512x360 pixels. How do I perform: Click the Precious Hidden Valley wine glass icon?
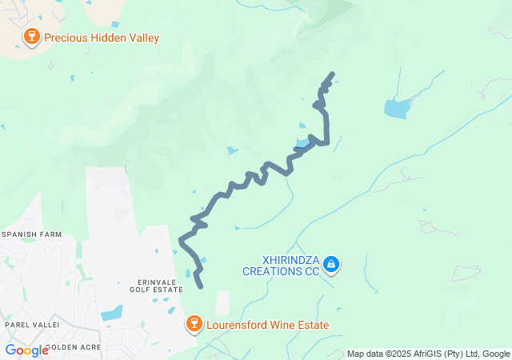click(x=32, y=36)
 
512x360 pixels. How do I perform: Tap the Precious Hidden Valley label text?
click(x=102, y=38)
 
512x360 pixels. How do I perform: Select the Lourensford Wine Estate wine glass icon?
click(x=194, y=323)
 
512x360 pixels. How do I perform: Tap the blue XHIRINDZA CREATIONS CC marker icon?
click(x=331, y=265)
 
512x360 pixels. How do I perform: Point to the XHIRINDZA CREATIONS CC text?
click(x=280, y=266)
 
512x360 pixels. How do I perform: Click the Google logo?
click(x=26, y=350)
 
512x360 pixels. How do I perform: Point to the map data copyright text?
click(x=428, y=354)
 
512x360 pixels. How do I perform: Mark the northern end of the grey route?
click(x=331, y=75)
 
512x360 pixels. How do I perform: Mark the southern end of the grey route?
click(x=200, y=286)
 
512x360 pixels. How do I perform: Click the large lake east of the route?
click(x=397, y=108)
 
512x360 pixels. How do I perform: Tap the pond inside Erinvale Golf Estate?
click(x=113, y=312)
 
